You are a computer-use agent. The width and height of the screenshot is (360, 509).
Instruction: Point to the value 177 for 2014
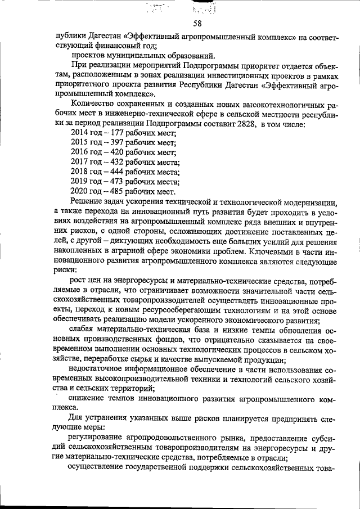[x=117, y=132]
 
